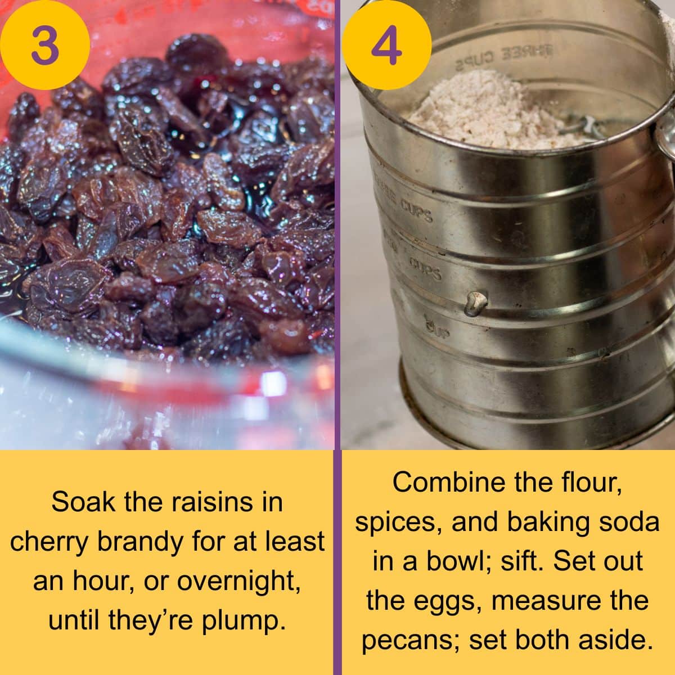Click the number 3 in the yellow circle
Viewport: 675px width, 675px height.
[x=45, y=44]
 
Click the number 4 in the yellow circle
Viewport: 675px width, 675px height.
[x=387, y=44]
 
